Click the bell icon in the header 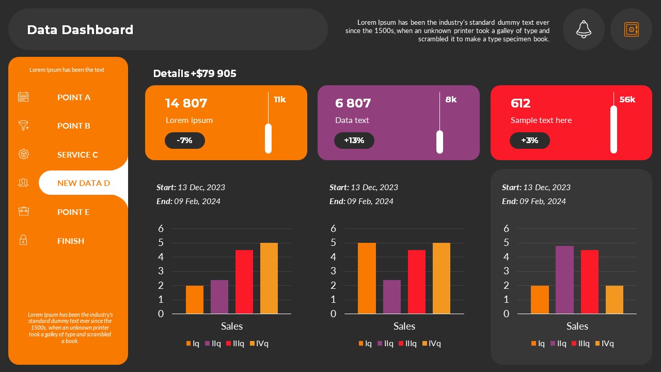[x=584, y=29]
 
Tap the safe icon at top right [x=631, y=29]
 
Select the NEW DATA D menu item [x=83, y=183]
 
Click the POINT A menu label [x=74, y=97]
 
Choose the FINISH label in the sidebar [x=71, y=241]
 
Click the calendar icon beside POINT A [x=23, y=97]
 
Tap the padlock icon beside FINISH [x=23, y=240]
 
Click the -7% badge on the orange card [x=185, y=141]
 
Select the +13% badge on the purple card [x=354, y=141]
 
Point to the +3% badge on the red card [x=529, y=141]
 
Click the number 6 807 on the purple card [x=353, y=103]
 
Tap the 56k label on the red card [x=627, y=100]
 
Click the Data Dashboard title [x=80, y=30]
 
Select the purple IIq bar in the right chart [x=564, y=280]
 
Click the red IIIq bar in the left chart [x=244, y=282]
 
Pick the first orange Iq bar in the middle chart [x=367, y=278]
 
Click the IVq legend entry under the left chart [x=259, y=344]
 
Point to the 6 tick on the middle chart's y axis [x=333, y=228]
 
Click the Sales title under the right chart [x=577, y=326]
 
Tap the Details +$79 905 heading [x=195, y=73]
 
